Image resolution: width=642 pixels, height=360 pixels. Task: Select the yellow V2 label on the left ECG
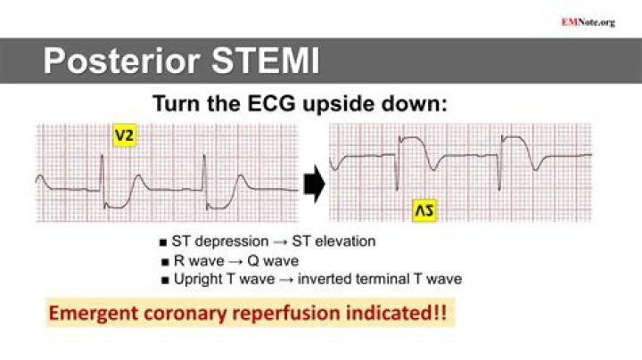tap(124, 136)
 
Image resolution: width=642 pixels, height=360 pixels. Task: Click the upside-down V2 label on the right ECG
tap(423, 210)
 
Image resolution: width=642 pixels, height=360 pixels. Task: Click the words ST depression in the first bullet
tap(218, 241)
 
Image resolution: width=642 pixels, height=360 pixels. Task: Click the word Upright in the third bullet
tap(198, 280)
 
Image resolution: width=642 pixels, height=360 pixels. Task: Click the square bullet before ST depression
tap(163, 242)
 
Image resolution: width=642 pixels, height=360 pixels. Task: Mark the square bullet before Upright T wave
tap(163, 281)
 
